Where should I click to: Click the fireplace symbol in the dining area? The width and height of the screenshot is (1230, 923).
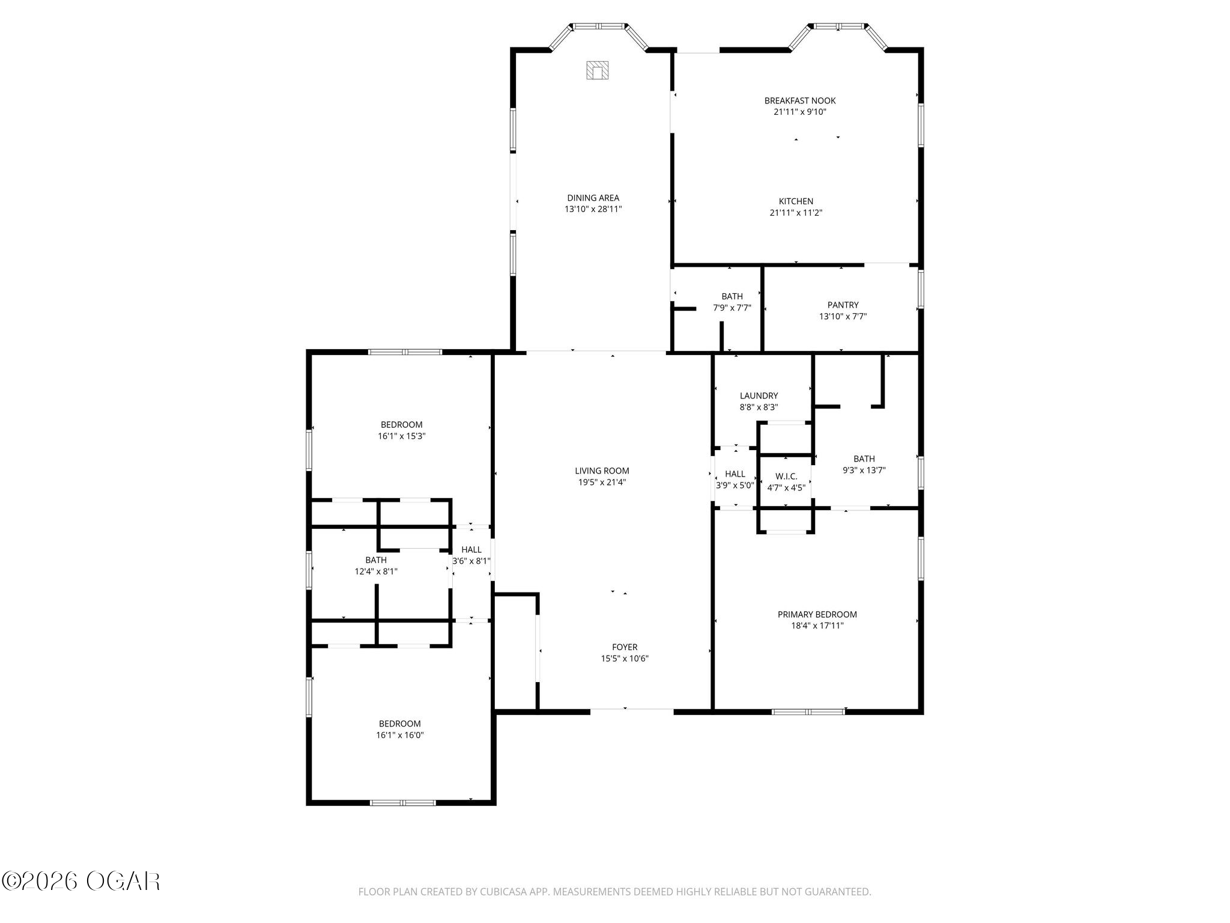pyautogui.click(x=598, y=70)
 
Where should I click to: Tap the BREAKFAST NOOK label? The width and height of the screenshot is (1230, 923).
pyautogui.click(x=800, y=101)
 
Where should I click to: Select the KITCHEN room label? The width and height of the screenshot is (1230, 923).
pyautogui.click(x=796, y=201)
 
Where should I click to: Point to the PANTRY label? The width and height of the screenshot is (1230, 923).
pyautogui.click(x=843, y=305)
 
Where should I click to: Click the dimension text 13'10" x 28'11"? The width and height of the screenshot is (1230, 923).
pyautogui.click(x=593, y=209)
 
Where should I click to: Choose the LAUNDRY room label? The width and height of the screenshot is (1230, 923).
pyautogui.click(x=759, y=396)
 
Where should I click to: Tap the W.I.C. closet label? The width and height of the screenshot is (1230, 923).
pyautogui.click(x=786, y=477)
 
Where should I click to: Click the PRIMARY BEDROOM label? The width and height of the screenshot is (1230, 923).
pyautogui.click(x=817, y=614)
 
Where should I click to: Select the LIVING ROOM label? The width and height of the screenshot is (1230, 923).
pyautogui.click(x=602, y=471)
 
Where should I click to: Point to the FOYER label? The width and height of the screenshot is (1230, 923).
pyautogui.click(x=625, y=647)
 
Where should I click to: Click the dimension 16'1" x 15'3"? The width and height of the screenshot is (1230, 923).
pyautogui.click(x=402, y=436)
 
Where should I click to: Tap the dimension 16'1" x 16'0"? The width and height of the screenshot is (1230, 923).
pyautogui.click(x=400, y=735)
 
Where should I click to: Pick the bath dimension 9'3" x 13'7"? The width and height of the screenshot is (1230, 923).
pyautogui.click(x=864, y=471)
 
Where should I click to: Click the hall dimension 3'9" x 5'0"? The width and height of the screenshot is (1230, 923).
pyautogui.click(x=735, y=486)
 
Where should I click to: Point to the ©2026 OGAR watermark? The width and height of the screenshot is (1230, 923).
pyautogui.click(x=81, y=882)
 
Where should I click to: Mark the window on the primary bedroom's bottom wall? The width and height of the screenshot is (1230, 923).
pyautogui.click(x=808, y=712)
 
